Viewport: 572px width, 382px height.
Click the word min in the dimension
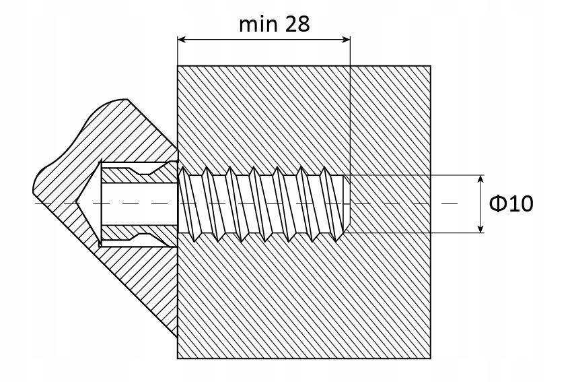(x=258, y=25)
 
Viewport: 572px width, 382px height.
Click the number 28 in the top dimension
(x=297, y=25)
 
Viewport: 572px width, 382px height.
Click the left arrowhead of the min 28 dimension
(x=181, y=39)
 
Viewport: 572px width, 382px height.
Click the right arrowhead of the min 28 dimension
(x=346, y=39)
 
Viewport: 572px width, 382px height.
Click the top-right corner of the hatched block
(x=431, y=66)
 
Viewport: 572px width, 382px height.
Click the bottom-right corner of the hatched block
(x=431, y=358)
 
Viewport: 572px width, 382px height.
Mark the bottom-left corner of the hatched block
(x=177, y=358)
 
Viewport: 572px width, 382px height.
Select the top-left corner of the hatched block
(x=177, y=66)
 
